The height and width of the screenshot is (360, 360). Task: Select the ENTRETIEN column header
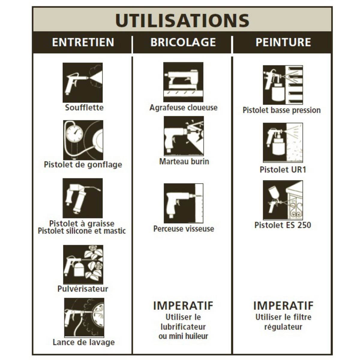(x=83, y=42)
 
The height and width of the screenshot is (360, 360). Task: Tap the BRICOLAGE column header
(x=183, y=42)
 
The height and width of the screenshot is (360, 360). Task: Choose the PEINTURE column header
(x=283, y=42)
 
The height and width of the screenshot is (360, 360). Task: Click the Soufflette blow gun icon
(x=82, y=82)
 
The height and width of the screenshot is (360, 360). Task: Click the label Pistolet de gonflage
(x=83, y=165)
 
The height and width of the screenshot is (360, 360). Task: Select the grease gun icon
(x=82, y=198)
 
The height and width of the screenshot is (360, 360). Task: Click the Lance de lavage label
(x=84, y=342)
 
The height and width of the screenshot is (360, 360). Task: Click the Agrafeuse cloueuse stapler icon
(x=183, y=82)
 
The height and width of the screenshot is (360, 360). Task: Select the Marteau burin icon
(x=184, y=136)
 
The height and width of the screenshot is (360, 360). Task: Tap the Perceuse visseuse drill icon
(x=184, y=203)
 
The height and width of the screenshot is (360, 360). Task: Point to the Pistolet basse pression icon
(x=283, y=85)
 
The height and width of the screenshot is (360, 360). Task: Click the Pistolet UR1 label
(x=283, y=169)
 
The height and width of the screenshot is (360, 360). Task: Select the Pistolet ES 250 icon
(x=283, y=200)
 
